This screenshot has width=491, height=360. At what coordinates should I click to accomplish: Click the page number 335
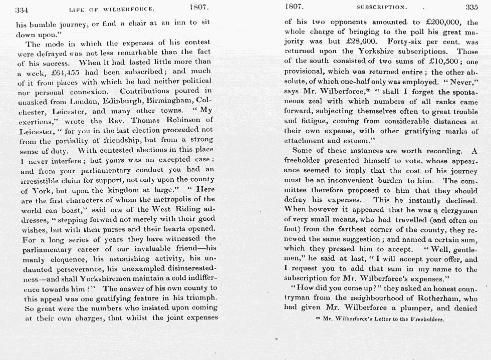coord(471,7)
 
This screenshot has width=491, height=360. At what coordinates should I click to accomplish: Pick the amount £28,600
coord(350,42)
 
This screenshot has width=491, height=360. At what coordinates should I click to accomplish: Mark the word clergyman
coord(455,210)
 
